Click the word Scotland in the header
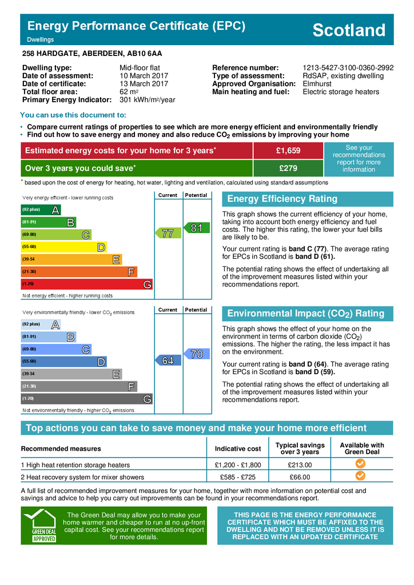tap(349, 30)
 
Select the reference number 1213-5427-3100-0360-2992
tap(348, 67)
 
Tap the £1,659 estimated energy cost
tap(288, 151)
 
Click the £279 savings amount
tap(288, 169)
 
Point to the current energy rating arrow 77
tap(167, 233)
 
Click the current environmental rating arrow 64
tap(167, 360)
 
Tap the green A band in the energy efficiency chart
tap(41, 210)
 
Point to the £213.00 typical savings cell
tap(300, 465)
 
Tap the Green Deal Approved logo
tap(40, 526)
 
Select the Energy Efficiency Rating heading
tap(282, 199)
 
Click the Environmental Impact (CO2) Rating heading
tap(305, 314)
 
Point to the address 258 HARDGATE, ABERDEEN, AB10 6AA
tap(92, 54)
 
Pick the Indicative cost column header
tap(237, 449)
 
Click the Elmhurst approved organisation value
tap(317, 83)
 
